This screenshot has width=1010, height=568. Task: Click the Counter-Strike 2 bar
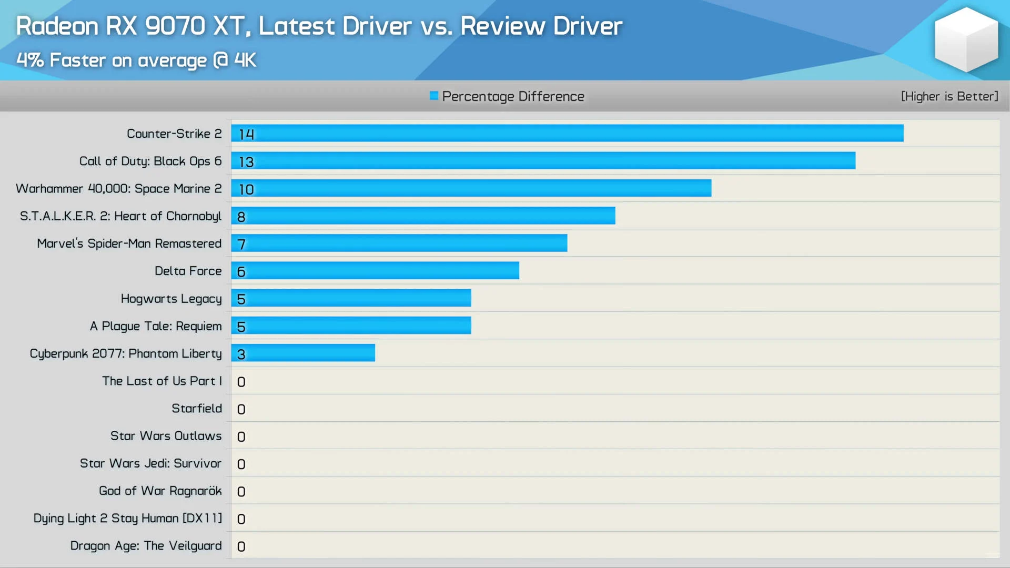567,134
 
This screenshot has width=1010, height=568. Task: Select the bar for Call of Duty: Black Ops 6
543,161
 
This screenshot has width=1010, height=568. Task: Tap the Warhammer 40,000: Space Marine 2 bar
471,188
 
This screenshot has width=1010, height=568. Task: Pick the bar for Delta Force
375,271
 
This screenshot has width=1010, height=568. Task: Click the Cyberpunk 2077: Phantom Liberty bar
303,353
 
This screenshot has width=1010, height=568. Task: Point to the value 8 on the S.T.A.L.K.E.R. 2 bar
241,217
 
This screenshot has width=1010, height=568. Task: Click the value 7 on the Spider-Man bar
241,244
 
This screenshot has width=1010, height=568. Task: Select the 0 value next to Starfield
241,409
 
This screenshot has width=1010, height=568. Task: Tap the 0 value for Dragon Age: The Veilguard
241,546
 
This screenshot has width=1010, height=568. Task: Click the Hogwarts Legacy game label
171,299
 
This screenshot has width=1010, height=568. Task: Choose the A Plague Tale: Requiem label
156,326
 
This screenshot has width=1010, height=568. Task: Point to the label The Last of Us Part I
162,381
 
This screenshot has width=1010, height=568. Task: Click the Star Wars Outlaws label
166,436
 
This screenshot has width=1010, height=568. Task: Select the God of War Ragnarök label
160,491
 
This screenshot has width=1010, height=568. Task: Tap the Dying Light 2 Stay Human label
127,518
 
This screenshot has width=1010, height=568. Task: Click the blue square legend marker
434,96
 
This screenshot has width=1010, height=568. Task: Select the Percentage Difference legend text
513,96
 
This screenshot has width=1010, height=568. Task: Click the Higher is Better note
949,96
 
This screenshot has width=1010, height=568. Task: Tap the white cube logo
966,39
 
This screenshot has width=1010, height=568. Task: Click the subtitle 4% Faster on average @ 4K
136,60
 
